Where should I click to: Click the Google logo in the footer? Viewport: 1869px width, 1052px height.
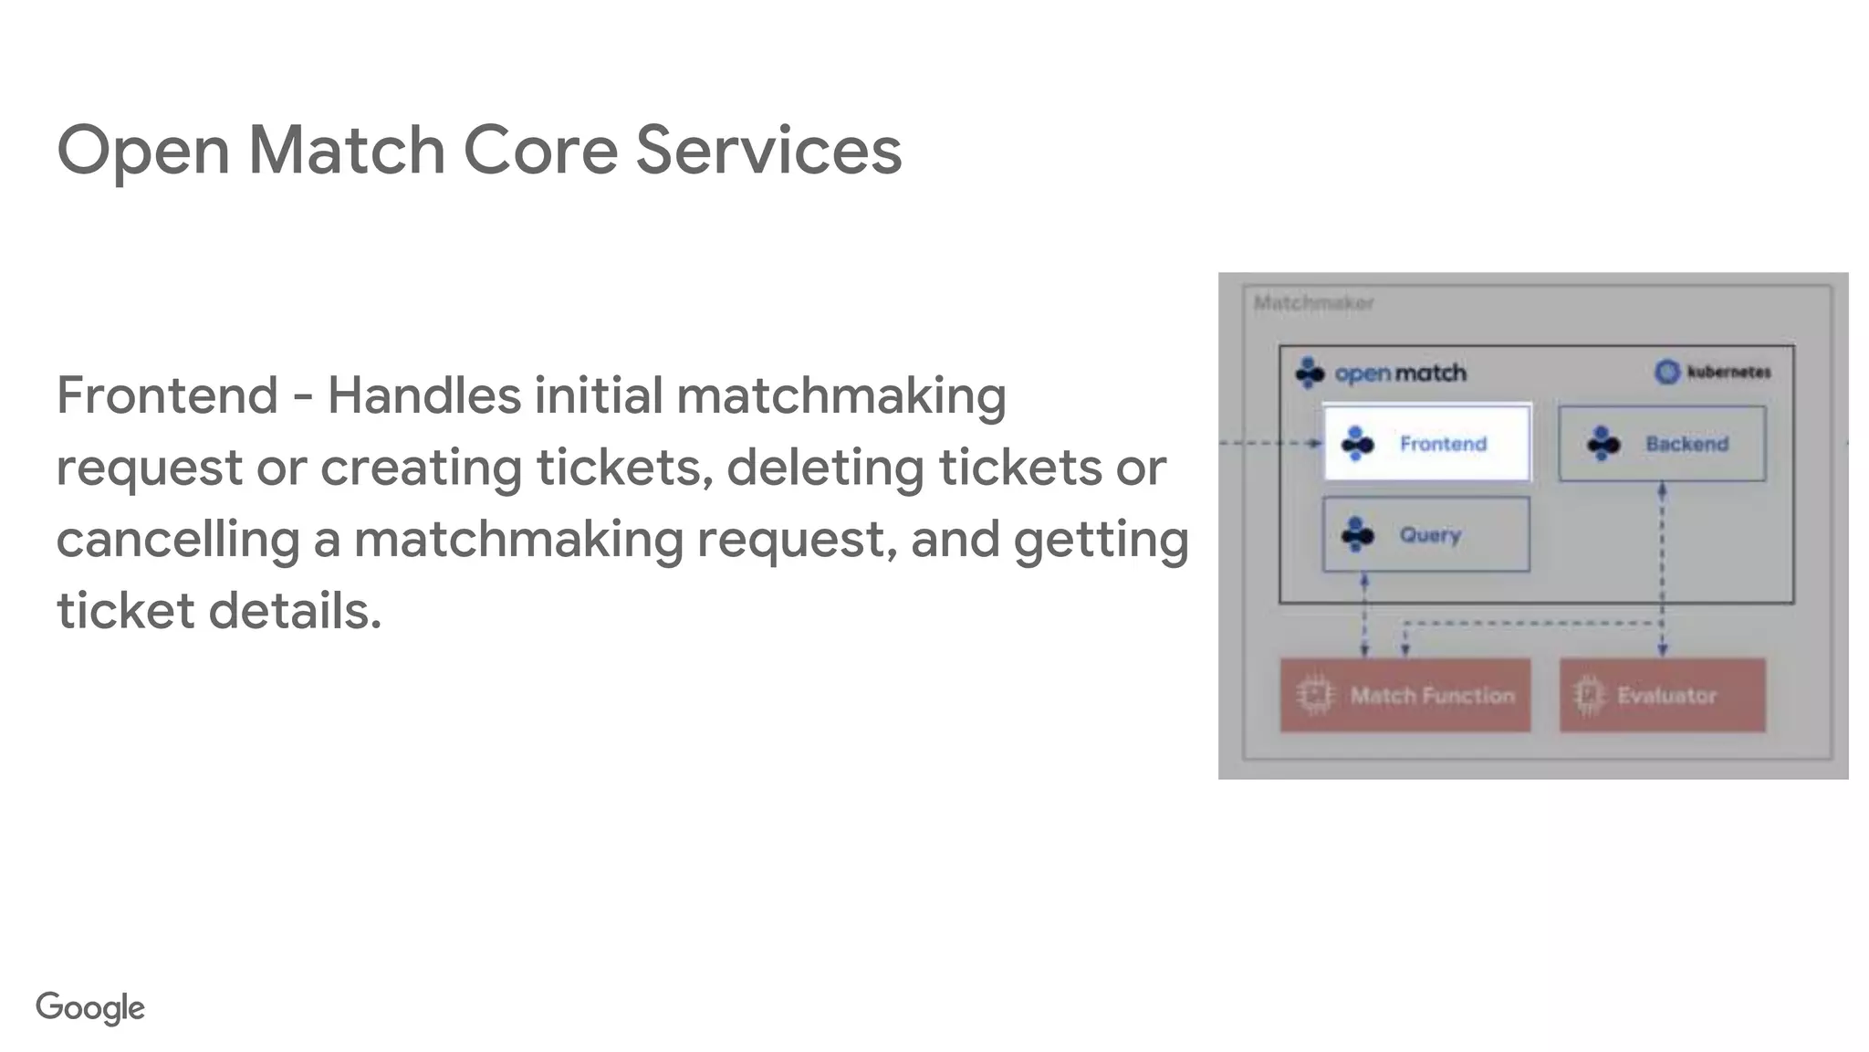(x=90, y=1007)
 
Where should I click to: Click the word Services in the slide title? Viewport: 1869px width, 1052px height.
(x=768, y=150)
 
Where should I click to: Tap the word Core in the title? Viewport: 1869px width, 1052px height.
(x=540, y=150)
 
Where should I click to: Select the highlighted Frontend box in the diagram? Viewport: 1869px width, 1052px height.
(x=1426, y=443)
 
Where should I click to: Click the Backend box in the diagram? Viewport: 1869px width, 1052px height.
(x=1662, y=444)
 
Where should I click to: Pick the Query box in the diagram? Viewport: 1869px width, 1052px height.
(x=1425, y=534)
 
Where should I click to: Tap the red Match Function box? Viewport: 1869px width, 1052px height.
(x=1405, y=695)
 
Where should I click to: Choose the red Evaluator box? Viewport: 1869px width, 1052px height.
(x=1662, y=695)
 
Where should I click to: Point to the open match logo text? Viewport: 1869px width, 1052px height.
(x=1400, y=373)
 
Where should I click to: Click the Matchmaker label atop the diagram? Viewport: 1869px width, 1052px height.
(x=1313, y=303)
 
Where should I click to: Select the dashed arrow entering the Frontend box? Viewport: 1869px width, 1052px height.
(x=1272, y=443)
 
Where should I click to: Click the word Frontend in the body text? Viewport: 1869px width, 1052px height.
(x=167, y=395)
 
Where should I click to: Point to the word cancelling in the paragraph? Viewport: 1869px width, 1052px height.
(x=178, y=539)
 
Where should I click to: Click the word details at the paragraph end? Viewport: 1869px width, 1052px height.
(x=295, y=610)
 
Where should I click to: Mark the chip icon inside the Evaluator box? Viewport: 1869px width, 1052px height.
(x=1589, y=695)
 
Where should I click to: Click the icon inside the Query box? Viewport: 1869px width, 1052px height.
(x=1358, y=534)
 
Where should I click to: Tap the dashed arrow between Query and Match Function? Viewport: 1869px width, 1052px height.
(x=1364, y=615)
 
